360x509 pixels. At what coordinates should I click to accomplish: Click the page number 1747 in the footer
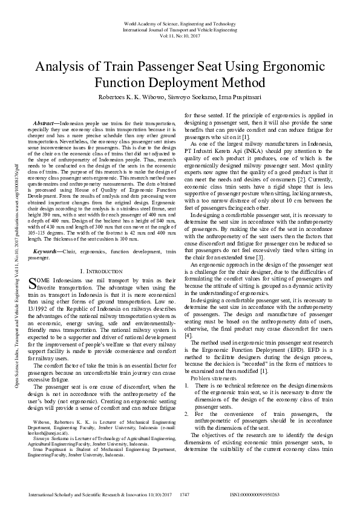[x=185, y=494]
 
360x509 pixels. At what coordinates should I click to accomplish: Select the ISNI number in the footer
[x=254, y=494]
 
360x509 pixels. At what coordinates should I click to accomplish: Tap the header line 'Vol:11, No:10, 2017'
[x=180, y=36]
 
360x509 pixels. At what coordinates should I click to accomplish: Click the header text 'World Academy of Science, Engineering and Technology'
[x=180, y=23]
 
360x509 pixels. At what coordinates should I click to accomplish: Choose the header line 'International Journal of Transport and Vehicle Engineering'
[x=180, y=29]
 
